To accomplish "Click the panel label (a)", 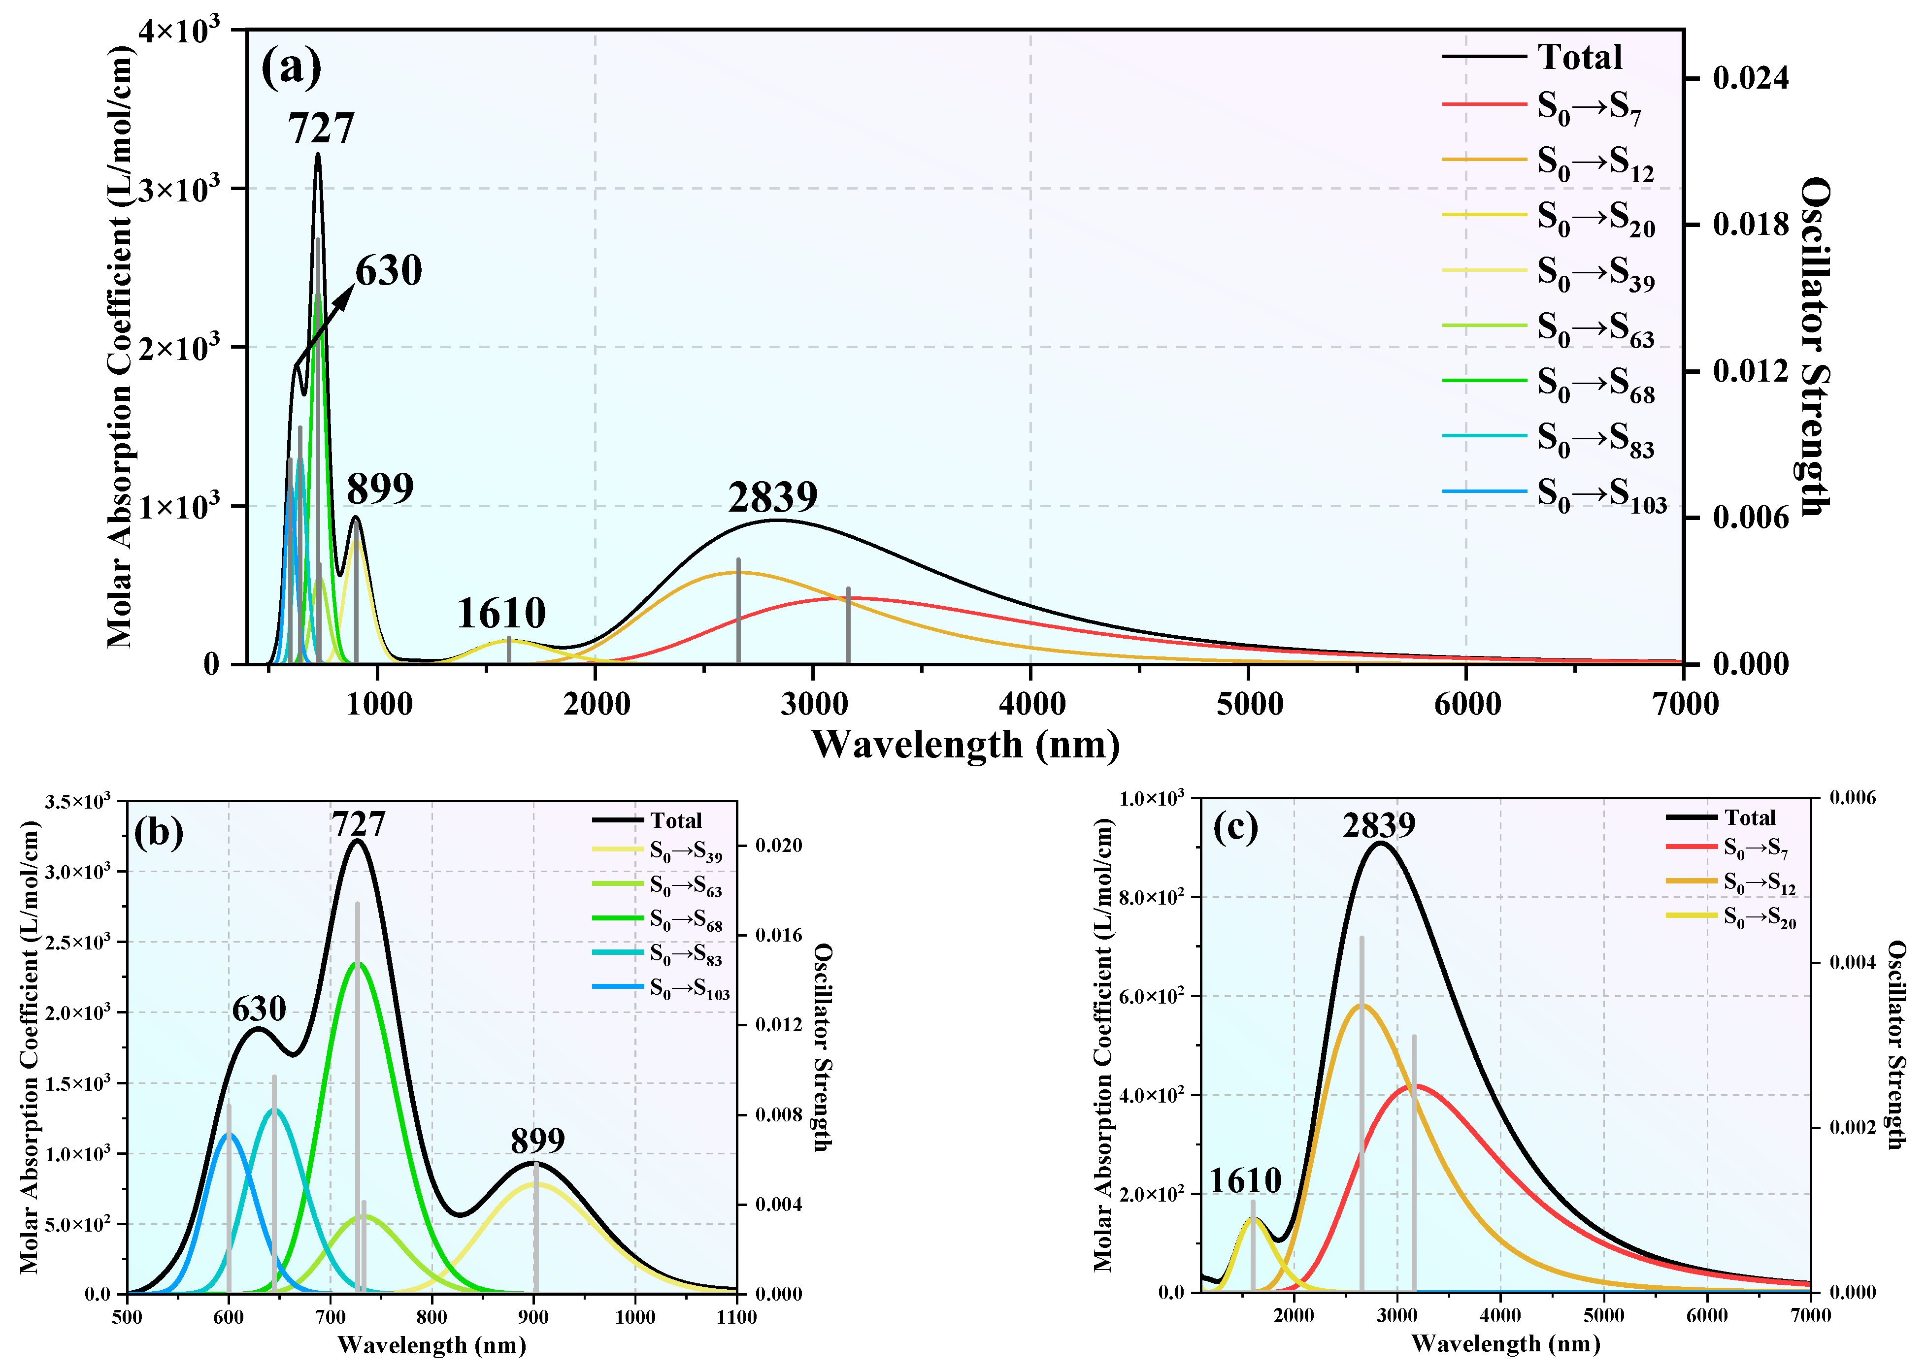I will pyautogui.click(x=291, y=67).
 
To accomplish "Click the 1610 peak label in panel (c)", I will pyautogui.click(x=1245, y=1180).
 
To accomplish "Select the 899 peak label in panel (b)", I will pyautogui.click(x=538, y=1141).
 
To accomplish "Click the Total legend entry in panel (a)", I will pyautogui.click(x=1579, y=58).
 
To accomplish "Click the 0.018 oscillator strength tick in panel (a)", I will pyautogui.click(x=1750, y=225).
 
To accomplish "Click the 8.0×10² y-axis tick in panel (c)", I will pyautogui.click(x=1153, y=897).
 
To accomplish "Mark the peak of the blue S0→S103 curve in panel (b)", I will pyautogui.click(x=228, y=1135).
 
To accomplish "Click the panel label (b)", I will pyautogui.click(x=158, y=833).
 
